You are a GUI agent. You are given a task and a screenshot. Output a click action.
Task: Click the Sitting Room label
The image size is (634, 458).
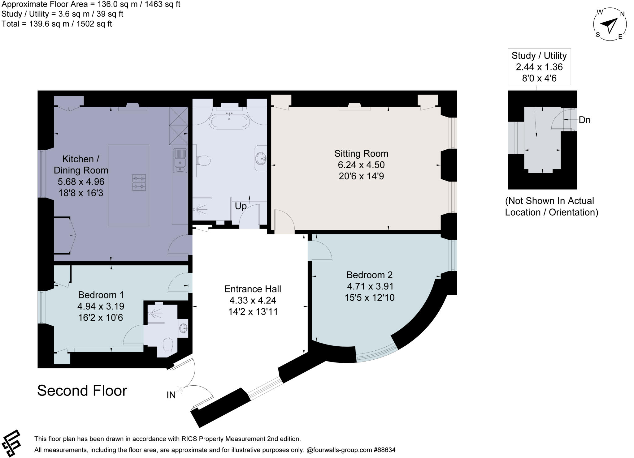coord(361,154)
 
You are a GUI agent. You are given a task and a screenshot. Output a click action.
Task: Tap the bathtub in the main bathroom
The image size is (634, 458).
coord(229,122)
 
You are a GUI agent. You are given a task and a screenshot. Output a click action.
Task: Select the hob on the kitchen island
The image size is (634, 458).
coord(139,182)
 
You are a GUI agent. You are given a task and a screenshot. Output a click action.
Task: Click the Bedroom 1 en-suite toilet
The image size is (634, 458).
coord(167,345)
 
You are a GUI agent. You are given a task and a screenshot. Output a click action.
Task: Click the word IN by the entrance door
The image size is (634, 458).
coord(171,395)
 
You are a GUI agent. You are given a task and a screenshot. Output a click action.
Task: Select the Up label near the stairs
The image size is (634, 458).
coord(241,206)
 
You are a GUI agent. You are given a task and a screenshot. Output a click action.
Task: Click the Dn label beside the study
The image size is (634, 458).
coord(584,120)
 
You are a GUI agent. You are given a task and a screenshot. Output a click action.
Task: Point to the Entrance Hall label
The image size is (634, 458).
coord(253,289)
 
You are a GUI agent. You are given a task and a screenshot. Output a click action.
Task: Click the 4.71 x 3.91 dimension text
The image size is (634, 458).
coord(369,286)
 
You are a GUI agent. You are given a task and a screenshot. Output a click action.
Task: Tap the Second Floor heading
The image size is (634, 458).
coord(82,391)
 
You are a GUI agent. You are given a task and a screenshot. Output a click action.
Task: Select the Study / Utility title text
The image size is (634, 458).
coord(539,56)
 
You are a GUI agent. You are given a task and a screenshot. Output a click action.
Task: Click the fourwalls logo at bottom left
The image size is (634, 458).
coord(11,443)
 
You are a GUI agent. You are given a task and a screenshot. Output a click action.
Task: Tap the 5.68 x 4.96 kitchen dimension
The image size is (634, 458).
coord(81,182)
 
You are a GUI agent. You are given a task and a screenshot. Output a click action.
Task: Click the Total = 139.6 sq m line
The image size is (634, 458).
coord(57,24)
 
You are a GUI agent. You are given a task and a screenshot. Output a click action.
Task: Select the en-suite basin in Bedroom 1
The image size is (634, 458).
coord(184,327)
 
